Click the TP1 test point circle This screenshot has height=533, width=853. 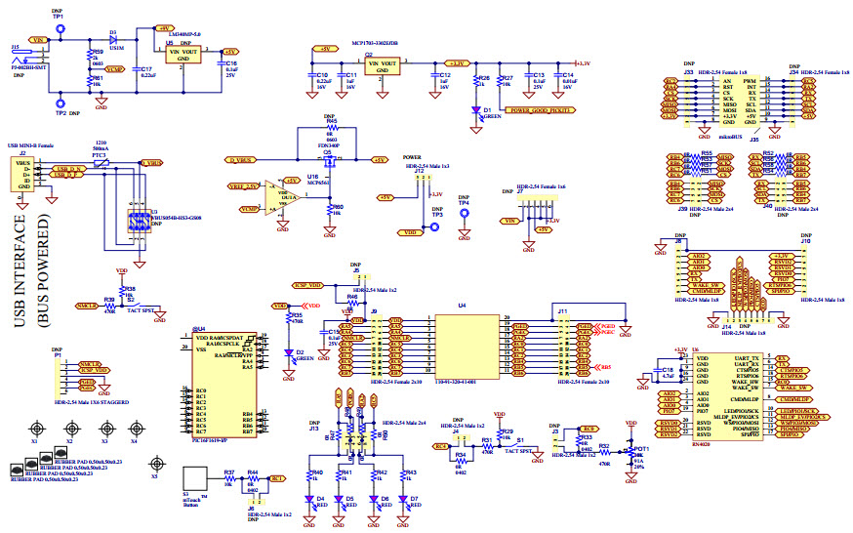[61, 29]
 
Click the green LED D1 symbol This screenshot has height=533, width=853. [476, 109]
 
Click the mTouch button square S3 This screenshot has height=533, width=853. [196, 479]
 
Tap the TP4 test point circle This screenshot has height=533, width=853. [465, 232]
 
